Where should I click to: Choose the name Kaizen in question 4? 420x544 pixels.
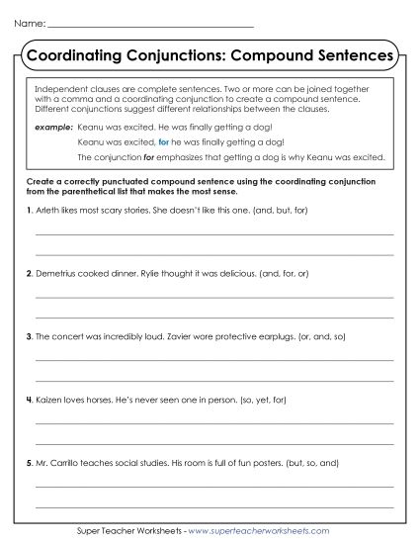[49, 400]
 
